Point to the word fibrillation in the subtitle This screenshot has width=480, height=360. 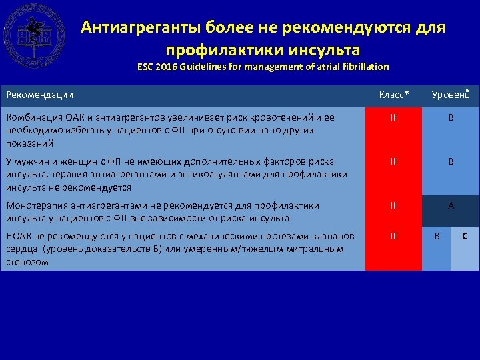click(363, 67)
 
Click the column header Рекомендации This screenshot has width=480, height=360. click(39, 96)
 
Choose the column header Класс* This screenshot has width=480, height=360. click(394, 95)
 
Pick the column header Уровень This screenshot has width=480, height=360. click(450, 95)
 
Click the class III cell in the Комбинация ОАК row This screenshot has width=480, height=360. click(394, 117)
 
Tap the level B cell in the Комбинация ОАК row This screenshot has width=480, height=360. click(451, 117)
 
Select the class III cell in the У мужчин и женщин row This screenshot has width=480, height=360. click(394, 161)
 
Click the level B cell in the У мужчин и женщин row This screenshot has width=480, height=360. click(451, 161)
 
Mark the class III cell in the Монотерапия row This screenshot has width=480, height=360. click(394, 206)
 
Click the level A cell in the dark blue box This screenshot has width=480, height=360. click(451, 206)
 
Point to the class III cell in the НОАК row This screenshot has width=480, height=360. click(394, 235)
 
